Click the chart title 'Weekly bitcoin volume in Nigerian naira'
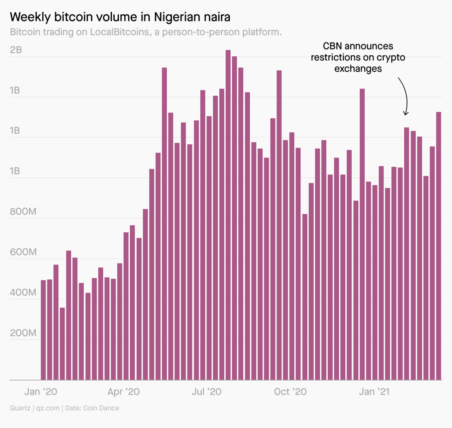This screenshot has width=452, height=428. tap(120, 17)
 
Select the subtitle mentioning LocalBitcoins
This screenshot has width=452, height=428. tap(145, 32)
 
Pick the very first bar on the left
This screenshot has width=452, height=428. tap(43, 330)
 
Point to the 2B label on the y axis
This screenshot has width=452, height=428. tap(16, 50)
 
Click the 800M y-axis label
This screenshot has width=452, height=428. tap(23, 212)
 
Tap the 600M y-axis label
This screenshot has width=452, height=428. tap(23, 252)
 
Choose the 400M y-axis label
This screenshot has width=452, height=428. tap(23, 293)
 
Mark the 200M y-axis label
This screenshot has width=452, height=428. tap(23, 333)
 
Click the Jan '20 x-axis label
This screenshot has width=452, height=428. tap(41, 392)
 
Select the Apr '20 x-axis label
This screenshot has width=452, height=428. tap(124, 392)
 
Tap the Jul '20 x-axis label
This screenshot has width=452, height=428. tap(207, 392)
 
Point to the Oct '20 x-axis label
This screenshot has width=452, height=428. tap(290, 392)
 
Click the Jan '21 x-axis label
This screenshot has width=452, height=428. tap(374, 392)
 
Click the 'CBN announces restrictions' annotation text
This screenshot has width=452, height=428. tap(358, 57)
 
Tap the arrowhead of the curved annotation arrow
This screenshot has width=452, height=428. tap(406, 114)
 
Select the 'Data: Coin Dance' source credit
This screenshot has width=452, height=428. tap(92, 408)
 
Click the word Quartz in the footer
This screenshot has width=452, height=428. tap(20, 408)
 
